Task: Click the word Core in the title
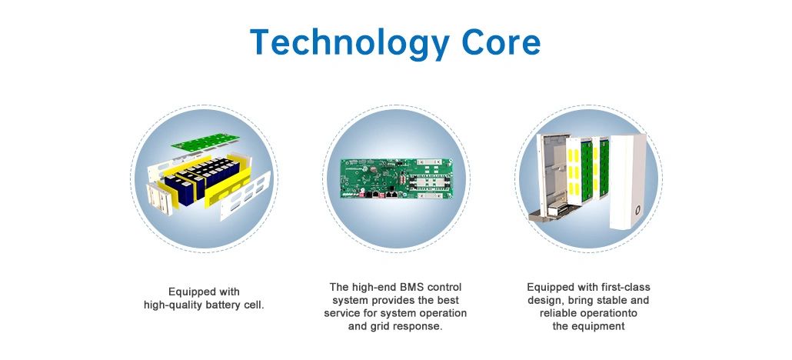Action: (x=500, y=42)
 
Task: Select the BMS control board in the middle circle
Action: (x=396, y=179)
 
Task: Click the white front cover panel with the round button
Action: (x=628, y=182)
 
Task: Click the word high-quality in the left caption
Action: (x=173, y=305)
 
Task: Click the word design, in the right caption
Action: (x=544, y=300)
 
